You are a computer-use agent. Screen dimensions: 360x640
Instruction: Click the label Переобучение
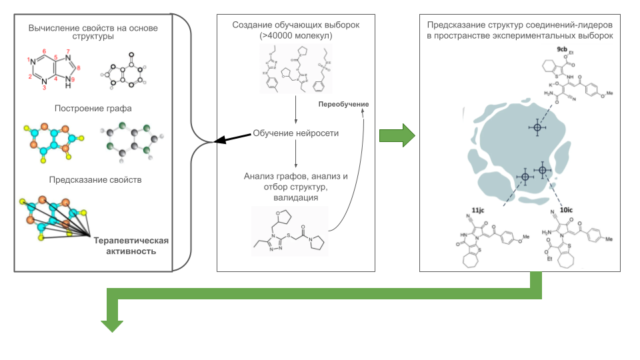click(343, 105)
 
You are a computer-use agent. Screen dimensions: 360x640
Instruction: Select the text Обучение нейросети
click(295, 133)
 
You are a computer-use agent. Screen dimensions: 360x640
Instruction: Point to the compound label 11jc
click(477, 211)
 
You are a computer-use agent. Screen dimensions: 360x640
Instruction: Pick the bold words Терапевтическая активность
click(131, 246)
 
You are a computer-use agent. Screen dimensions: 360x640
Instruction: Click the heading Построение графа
click(94, 107)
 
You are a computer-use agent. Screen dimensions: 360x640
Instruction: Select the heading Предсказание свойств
click(94, 180)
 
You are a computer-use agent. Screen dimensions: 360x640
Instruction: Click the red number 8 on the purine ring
click(79, 67)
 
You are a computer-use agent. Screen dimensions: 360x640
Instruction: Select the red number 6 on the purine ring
click(43, 51)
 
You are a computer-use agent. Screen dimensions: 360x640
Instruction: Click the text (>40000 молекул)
click(295, 36)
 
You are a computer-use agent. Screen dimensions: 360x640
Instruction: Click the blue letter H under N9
click(67, 86)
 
